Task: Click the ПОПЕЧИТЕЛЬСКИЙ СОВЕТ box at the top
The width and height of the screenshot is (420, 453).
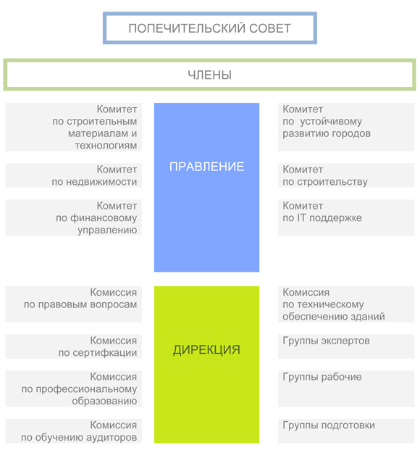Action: [210, 28]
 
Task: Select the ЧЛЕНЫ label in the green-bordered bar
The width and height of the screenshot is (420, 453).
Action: [210, 75]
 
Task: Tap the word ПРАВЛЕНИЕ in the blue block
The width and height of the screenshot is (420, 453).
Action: [206, 167]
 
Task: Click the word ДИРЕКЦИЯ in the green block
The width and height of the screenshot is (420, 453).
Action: [206, 350]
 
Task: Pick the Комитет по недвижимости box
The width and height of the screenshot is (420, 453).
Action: [74, 175]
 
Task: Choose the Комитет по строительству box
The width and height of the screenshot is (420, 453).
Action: [346, 175]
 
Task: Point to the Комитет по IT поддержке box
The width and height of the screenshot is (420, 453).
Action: [346, 217]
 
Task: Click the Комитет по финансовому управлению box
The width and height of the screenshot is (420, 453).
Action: [74, 217]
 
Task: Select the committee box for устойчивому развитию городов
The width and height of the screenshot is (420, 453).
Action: [346, 127]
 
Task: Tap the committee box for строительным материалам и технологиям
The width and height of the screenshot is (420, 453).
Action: [74, 127]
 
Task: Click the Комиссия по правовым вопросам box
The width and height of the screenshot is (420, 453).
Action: [74, 304]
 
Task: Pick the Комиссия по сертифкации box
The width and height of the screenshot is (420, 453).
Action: [74, 346]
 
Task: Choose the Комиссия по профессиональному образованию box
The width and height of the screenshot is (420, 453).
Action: [74, 388]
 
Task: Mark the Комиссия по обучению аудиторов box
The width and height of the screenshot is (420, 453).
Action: [74, 431]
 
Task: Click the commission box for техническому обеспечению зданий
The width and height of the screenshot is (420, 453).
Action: [346, 304]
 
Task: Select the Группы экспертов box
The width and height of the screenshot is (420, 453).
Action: [346, 346]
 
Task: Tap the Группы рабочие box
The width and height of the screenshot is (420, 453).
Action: [346, 388]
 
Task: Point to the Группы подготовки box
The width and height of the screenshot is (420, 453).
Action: [346, 431]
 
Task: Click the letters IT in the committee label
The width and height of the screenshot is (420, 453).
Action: [301, 217]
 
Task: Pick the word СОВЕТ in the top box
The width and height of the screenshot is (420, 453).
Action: [270, 28]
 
